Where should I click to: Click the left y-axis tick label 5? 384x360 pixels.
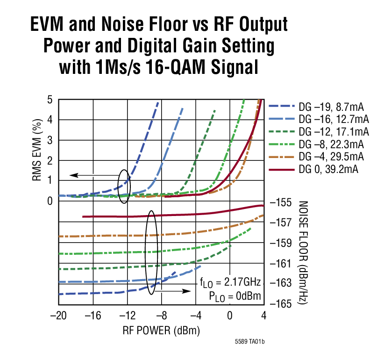point(50,100)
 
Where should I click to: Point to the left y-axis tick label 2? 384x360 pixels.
point(50,160)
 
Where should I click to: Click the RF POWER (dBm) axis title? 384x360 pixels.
point(161,331)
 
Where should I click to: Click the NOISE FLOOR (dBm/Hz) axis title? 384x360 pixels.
point(302,253)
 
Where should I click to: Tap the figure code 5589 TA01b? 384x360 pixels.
point(250,342)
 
